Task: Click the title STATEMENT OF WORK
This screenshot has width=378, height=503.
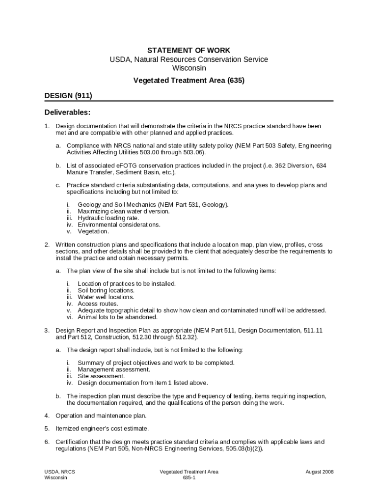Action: point(189,50)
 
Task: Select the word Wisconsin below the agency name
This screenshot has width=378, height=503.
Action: point(189,68)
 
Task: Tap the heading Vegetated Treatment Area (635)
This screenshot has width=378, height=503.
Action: point(189,80)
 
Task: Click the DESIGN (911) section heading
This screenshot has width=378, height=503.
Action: point(68,95)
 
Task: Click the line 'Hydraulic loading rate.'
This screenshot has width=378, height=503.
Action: point(108,218)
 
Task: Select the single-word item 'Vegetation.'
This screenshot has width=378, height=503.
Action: point(93,231)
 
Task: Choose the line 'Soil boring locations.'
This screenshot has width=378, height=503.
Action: point(106,290)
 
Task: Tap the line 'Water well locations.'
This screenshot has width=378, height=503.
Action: point(106,297)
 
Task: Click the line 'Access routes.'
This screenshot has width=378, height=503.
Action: point(98,304)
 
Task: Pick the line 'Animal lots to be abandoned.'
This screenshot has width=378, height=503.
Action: point(118,317)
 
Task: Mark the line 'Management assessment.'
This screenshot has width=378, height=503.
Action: point(114,369)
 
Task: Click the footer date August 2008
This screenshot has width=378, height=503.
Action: point(320,472)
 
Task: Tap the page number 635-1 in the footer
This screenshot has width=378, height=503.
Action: point(189,477)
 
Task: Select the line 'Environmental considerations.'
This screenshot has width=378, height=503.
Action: point(119,224)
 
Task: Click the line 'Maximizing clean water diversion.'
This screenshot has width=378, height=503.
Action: point(124,211)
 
